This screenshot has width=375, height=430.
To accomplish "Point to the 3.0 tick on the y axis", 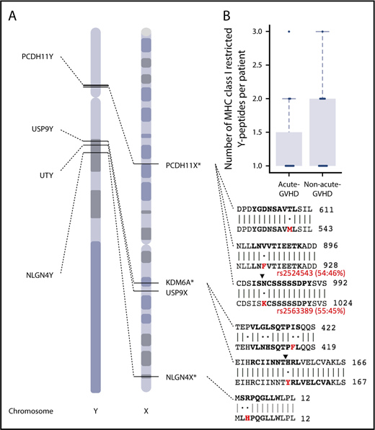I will tap(264, 31).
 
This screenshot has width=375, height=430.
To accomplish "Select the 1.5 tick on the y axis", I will tap(264, 133).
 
